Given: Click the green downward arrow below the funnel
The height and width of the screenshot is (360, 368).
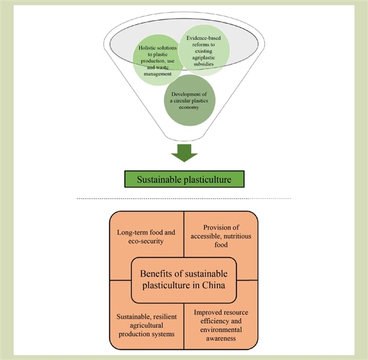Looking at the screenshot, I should [x=184, y=153].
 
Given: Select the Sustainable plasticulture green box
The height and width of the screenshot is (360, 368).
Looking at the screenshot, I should [x=184, y=179].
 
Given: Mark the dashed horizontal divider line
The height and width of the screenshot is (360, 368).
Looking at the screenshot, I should [x=184, y=199].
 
